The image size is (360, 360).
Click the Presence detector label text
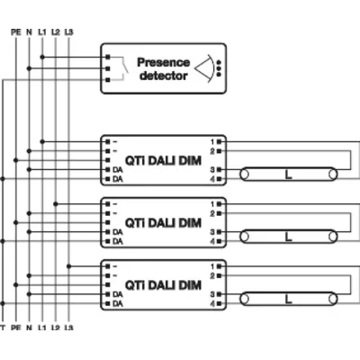click(163, 69)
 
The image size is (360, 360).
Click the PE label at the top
click(14, 33)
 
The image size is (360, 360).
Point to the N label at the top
click(29, 33)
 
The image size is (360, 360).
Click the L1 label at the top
click(42, 33)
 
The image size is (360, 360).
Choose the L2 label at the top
click(56, 33)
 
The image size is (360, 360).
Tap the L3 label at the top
click(69, 33)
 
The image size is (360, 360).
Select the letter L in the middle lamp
click(287, 237)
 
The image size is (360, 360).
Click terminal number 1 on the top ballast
click(212, 142)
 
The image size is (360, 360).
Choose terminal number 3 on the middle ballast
click(212, 231)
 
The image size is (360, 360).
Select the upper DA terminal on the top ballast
click(117, 169)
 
